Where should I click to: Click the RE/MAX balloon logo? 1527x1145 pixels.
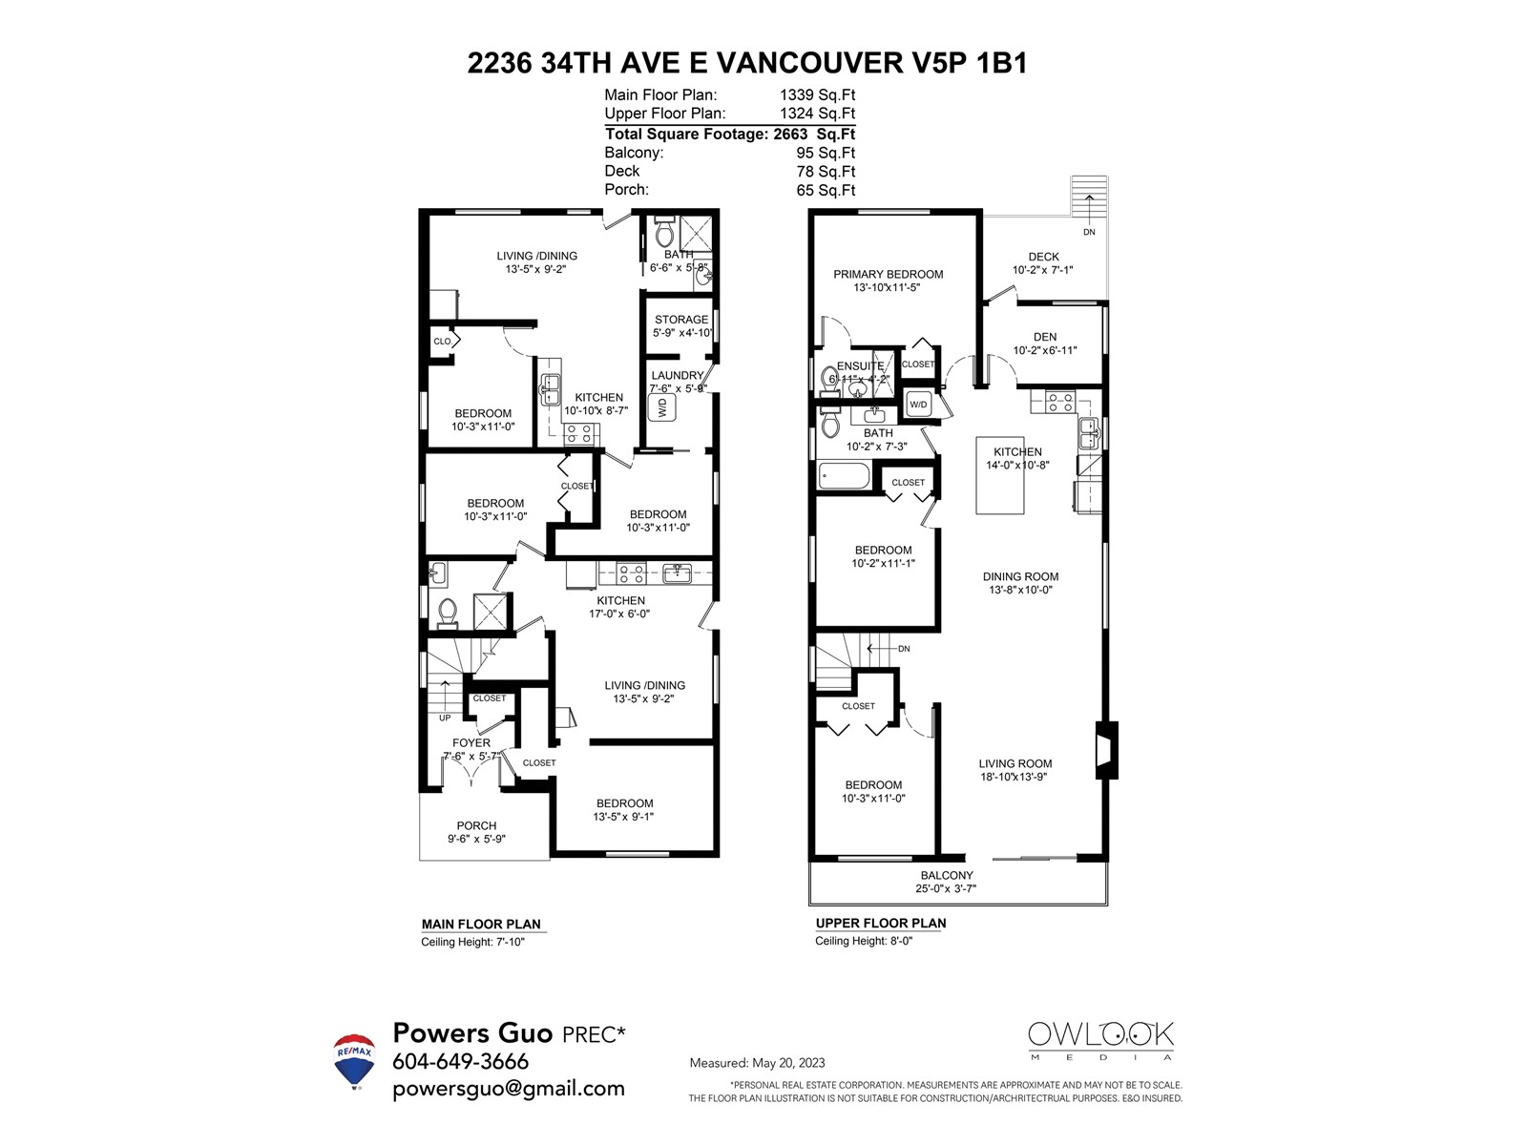[353, 1060]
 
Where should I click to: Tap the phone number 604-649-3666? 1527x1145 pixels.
[460, 1061]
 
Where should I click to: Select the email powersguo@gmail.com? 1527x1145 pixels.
[508, 1089]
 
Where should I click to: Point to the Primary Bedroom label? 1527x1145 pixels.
[888, 274]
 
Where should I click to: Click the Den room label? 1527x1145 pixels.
[1044, 337]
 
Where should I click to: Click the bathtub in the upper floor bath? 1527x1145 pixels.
[845, 475]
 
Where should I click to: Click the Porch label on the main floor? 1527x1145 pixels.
[476, 825]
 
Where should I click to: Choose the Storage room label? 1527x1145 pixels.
[681, 320]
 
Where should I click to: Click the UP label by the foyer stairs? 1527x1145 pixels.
[445, 718]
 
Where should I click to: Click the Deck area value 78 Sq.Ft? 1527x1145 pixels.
[826, 172]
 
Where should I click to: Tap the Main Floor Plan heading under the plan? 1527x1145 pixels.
[481, 924]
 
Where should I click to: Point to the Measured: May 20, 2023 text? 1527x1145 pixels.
[757, 1063]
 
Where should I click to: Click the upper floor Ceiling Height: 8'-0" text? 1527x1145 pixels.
[864, 941]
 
